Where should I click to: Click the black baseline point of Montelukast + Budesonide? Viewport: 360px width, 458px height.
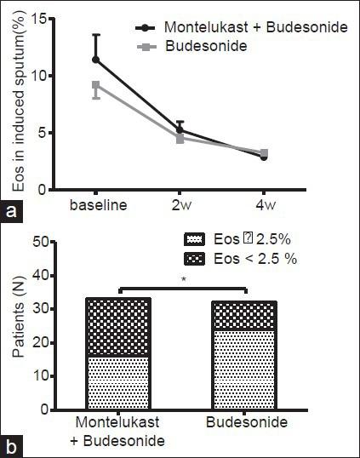pos(96,60)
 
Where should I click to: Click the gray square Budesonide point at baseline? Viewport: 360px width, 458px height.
pos(96,85)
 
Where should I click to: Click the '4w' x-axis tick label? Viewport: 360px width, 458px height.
pos(264,206)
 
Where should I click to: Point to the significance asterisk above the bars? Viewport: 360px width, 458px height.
pos(181,278)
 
